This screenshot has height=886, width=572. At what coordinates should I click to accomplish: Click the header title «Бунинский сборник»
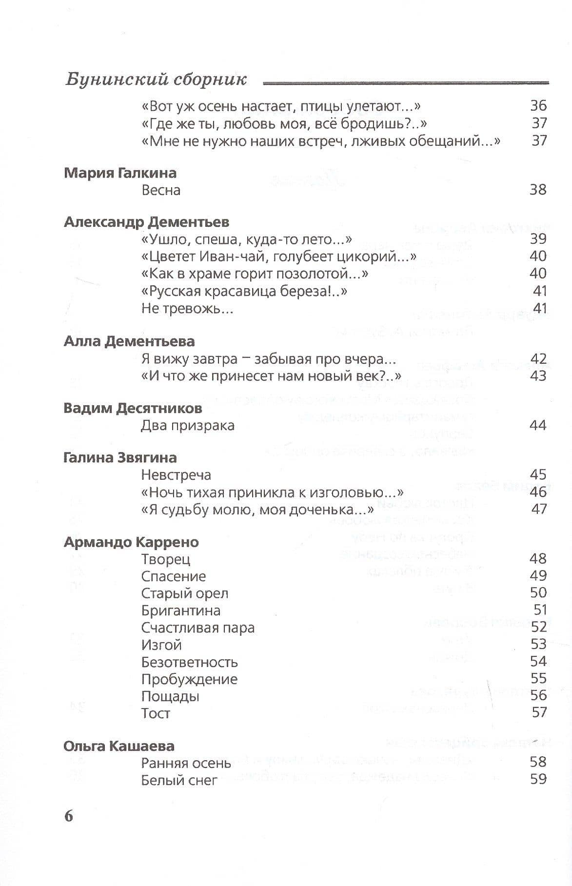(x=156, y=79)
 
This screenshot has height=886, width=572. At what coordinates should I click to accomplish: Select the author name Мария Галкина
(x=120, y=173)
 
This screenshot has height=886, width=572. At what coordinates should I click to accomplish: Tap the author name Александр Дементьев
(x=146, y=222)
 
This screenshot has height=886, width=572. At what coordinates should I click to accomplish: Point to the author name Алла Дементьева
(x=129, y=341)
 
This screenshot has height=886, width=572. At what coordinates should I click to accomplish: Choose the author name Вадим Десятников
(x=133, y=408)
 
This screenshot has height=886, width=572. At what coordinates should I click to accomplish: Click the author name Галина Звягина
(x=120, y=458)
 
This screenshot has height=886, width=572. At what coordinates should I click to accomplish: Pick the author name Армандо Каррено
(x=131, y=542)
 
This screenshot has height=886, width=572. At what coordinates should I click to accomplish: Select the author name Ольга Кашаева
(x=119, y=746)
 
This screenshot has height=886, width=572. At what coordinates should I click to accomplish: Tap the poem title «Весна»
(x=161, y=190)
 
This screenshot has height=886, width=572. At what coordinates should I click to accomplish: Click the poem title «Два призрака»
(x=188, y=425)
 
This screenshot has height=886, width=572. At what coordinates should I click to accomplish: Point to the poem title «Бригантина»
(x=180, y=610)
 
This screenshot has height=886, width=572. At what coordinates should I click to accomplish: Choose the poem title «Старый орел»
(x=184, y=593)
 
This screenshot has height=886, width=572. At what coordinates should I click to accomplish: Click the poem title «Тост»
(x=156, y=713)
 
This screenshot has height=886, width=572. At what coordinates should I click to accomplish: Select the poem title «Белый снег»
(x=179, y=780)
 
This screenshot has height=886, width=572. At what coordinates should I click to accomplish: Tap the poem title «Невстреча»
(x=176, y=474)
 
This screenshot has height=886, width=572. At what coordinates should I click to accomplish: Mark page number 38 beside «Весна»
(x=538, y=190)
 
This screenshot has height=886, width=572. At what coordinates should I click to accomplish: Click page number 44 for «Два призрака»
(x=538, y=425)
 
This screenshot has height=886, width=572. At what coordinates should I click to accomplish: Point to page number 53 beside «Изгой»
(x=538, y=644)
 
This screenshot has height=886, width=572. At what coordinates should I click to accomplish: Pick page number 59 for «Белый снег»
(x=538, y=779)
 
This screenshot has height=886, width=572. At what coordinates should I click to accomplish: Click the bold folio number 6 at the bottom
(x=69, y=816)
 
